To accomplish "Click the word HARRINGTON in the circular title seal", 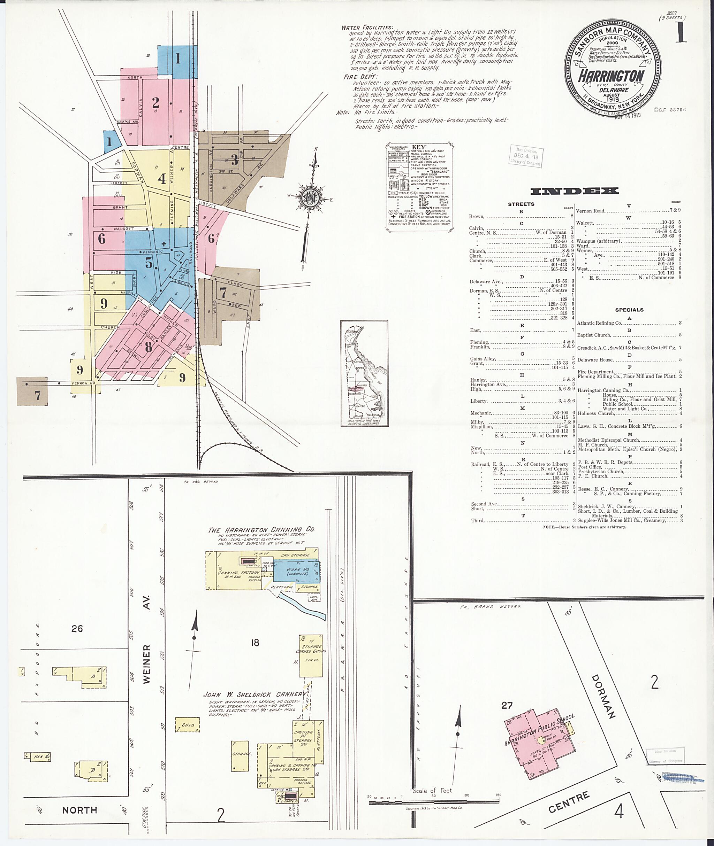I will [x=611, y=76].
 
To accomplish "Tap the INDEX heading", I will [x=574, y=191].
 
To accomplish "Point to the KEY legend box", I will [x=419, y=186].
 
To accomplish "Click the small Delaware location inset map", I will [x=364, y=373].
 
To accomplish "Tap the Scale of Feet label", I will [x=433, y=790].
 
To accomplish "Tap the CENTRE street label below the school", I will [x=569, y=802].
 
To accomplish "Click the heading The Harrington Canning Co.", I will [x=261, y=530].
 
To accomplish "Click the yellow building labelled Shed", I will [x=188, y=725].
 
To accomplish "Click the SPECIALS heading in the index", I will [x=629, y=310].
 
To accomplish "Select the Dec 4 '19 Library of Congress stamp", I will [x=526, y=156].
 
